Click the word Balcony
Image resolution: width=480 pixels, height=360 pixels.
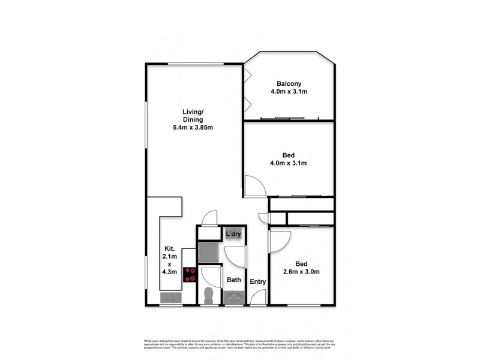pos(288,83)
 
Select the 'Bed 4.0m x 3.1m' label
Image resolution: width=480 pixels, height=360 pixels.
pos(287,158)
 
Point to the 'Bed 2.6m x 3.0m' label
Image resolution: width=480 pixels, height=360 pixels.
pos(301,268)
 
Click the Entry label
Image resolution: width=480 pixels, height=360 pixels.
pos(258,281)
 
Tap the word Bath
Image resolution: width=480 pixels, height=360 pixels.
pos(233,280)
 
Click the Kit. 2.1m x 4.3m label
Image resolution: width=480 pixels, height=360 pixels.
pos(169,260)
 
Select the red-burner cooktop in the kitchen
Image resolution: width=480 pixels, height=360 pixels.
pos(191,274)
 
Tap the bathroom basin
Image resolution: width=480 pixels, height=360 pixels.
pos(233,297)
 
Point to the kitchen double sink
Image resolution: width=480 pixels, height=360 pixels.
pos(170,298)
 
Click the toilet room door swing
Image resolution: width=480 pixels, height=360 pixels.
pos(210,277)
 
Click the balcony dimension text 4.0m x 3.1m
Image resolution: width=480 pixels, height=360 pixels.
pos(288,92)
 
